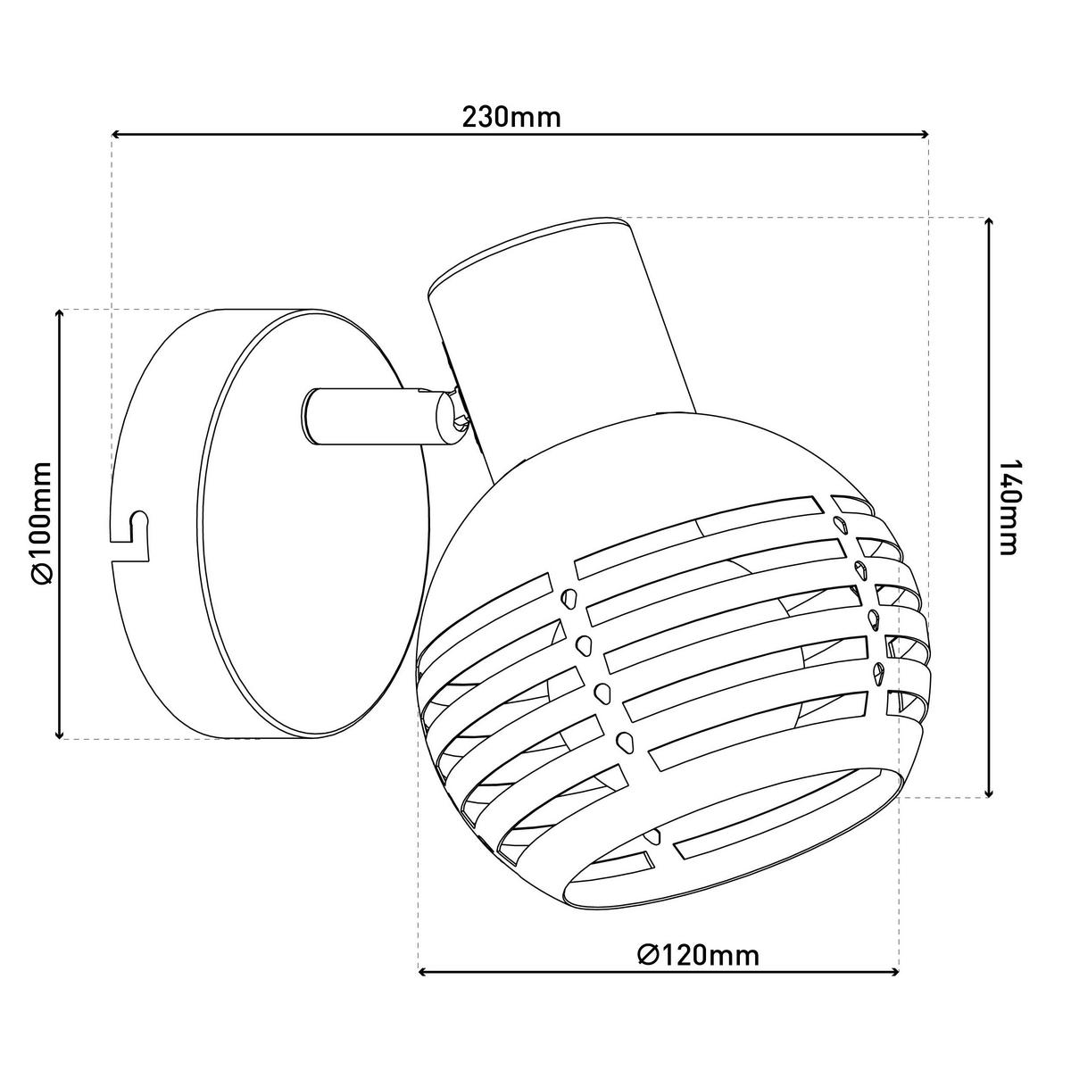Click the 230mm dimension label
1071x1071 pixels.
coord(511,117)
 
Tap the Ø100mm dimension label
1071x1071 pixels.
coord(43,524)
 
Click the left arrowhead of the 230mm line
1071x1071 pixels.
coord(116,134)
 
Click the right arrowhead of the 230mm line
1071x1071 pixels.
coord(925,134)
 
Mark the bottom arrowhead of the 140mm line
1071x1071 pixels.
coord(988,792)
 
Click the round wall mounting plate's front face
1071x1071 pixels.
coord(314,524)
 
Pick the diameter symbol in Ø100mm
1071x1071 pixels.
coord(43,574)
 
